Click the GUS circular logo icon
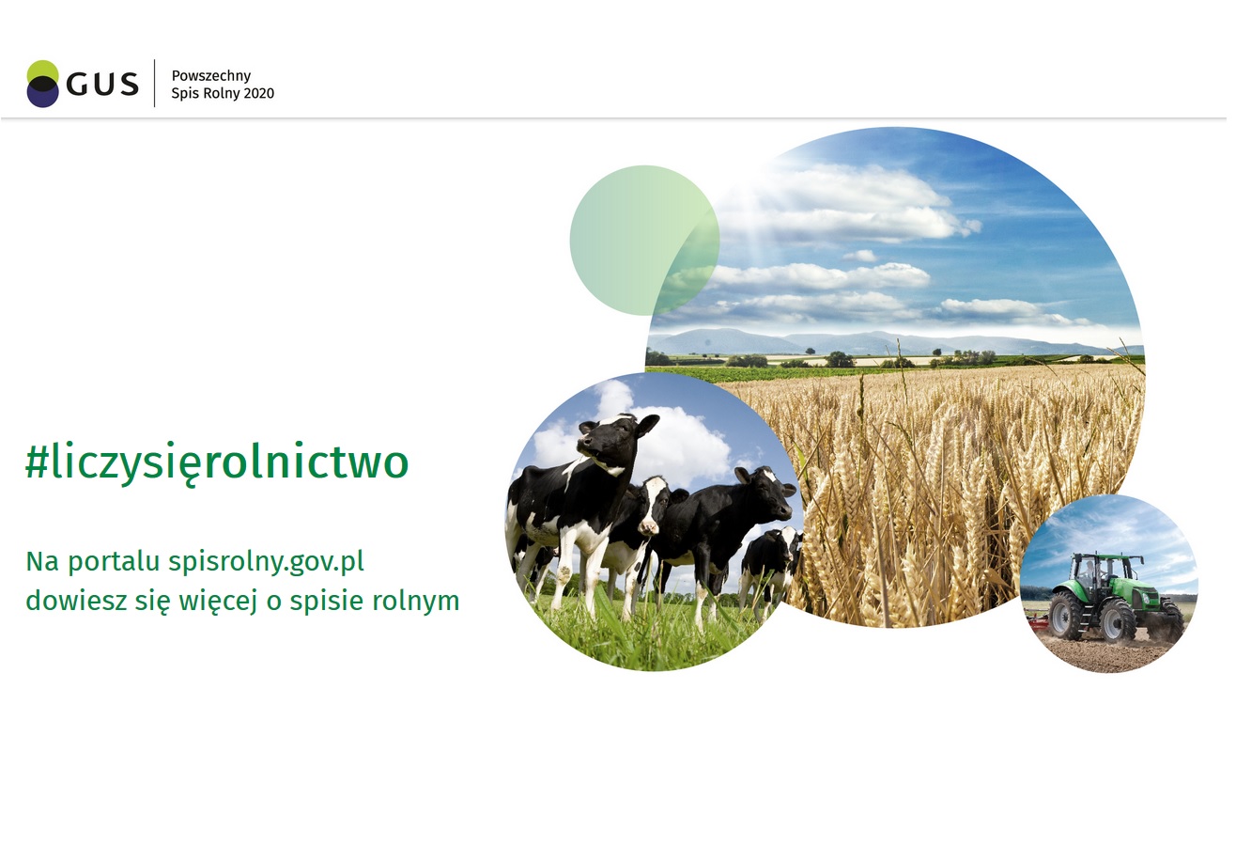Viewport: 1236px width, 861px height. pyautogui.click(x=42, y=84)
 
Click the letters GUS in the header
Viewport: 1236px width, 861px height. pyautogui.click(x=102, y=85)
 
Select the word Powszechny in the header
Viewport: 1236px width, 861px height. pyautogui.click(x=211, y=76)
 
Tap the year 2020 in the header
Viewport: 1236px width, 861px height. pyautogui.click(x=259, y=93)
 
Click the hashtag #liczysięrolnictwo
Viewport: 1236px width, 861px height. pyautogui.click(x=217, y=462)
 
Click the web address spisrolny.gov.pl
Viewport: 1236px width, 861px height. pyautogui.click(x=266, y=562)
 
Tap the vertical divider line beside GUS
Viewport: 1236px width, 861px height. pyautogui.click(x=154, y=83)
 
